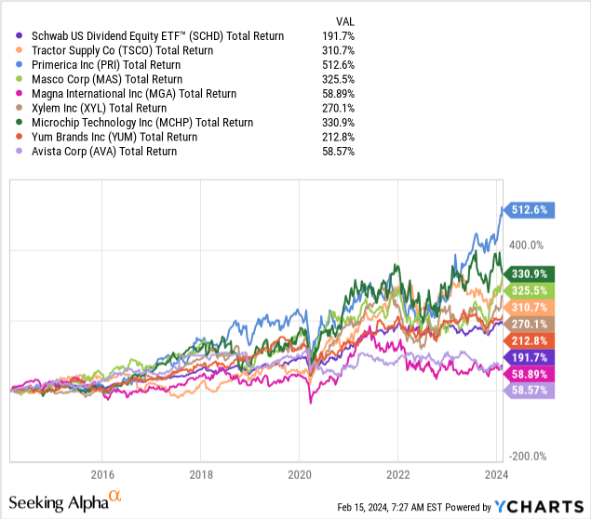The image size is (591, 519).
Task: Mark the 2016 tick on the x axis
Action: point(101,472)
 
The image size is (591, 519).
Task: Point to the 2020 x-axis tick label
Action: point(299,472)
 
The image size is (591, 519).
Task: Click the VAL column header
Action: point(343,20)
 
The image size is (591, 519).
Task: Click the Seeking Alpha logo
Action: point(66,503)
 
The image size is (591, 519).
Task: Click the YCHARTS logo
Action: point(540,506)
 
